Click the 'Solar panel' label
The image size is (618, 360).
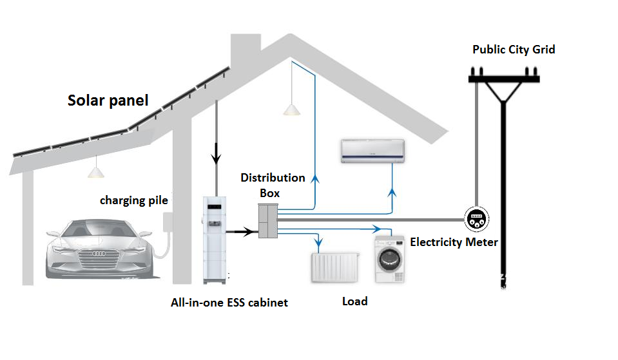coord(108,100)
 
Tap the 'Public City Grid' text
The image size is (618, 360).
coord(514,50)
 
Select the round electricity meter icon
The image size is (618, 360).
coord(477,219)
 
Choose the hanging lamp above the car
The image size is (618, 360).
coord(96,172)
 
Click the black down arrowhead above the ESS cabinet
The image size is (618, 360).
coord(217,157)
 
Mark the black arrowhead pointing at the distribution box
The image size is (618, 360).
coord(249,230)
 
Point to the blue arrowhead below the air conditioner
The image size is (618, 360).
coord(394,191)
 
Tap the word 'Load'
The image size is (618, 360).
coord(354,301)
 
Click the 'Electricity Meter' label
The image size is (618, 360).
coord(454,242)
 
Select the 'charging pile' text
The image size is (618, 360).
coord(134,200)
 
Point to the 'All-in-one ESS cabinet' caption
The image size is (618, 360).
coord(229,301)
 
